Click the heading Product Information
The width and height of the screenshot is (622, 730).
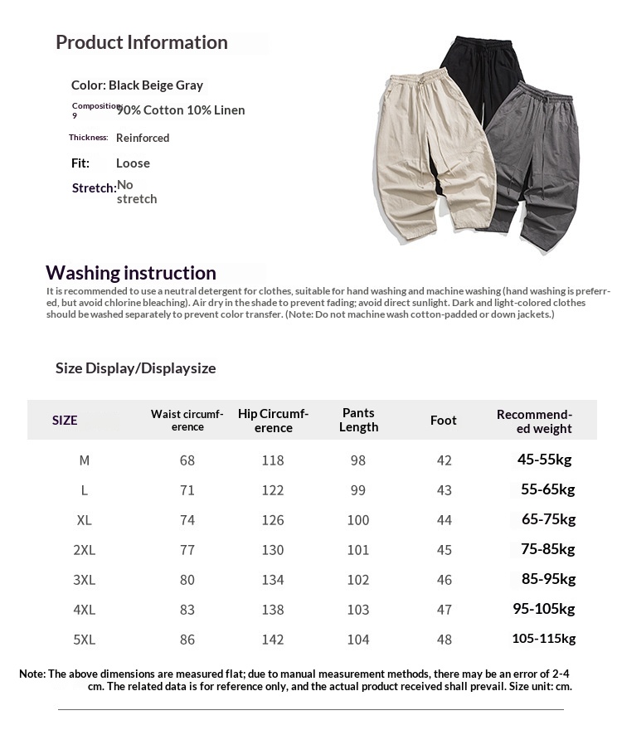click(x=141, y=43)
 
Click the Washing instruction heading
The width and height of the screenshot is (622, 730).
click(x=131, y=273)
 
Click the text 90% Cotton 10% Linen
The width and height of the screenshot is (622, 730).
click(x=181, y=110)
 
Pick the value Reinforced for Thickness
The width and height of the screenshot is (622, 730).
click(x=143, y=138)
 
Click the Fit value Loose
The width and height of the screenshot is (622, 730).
click(x=133, y=163)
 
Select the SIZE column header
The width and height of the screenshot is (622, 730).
click(x=65, y=421)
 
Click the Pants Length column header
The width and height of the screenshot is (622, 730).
click(x=358, y=420)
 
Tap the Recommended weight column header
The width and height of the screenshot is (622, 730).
click(x=535, y=421)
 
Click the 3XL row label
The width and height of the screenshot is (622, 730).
click(x=85, y=580)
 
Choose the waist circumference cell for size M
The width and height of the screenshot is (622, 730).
click(x=187, y=460)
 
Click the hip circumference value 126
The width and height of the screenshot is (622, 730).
click(x=273, y=520)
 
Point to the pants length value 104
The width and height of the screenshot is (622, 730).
click(x=358, y=640)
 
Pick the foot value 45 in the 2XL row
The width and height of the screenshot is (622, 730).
click(x=444, y=550)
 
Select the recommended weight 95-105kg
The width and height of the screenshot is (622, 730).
click(x=544, y=610)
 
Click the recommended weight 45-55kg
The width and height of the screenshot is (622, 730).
click(x=545, y=460)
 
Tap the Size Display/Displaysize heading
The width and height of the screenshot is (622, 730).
click(x=135, y=368)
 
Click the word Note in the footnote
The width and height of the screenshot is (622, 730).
click(x=32, y=674)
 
